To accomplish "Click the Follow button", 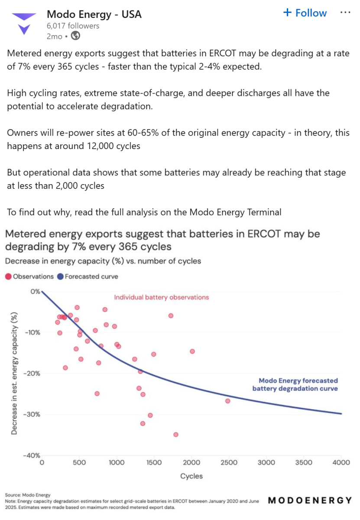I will (x=305, y=13).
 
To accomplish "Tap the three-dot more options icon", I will (x=345, y=13).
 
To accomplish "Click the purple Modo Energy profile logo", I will (x=24, y=23).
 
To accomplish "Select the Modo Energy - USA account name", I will (x=94, y=14).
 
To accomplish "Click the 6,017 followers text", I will (x=73, y=26).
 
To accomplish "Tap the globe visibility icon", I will (x=75, y=36).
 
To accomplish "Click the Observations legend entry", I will (x=29, y=276).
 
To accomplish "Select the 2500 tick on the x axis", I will (x=229, y=462).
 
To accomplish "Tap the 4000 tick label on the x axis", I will (x=341, y=462).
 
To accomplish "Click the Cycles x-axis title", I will (x=191, y=476).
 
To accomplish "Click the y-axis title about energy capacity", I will (x=14, y=373).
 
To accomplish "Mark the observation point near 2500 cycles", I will (x=227, y=401).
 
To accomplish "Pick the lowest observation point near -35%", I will (x=176, y=434).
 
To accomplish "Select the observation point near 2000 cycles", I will (x=192, y=351).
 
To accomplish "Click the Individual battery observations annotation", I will (x=161, y=297).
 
